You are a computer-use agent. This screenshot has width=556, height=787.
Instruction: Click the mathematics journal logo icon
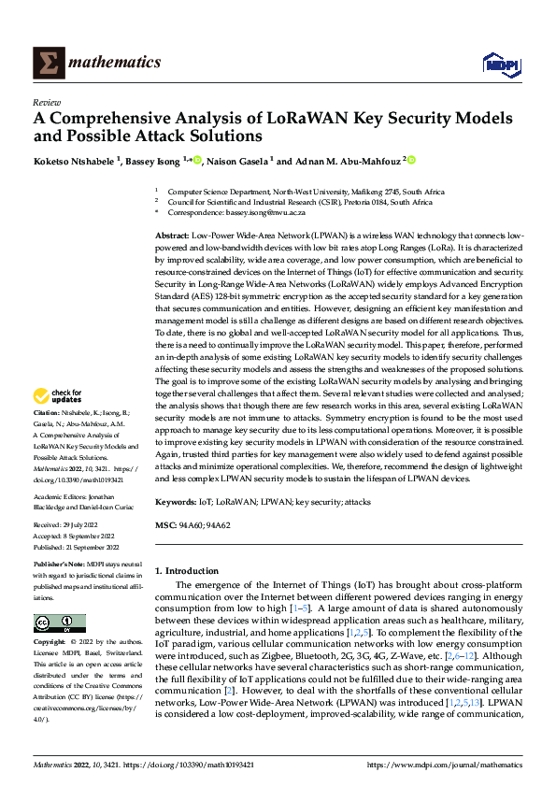[49, 62]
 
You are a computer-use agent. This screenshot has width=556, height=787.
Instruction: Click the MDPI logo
[499, 63]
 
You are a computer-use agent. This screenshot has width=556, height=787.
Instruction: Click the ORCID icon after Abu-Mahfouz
[411, 160]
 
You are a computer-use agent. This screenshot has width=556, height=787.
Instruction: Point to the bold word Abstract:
[173, 236]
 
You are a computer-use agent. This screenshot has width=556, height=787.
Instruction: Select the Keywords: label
[178, 503]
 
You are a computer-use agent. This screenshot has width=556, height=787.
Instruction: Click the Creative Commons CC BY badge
[59, 623]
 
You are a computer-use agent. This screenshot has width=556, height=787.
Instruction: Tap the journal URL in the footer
[443, 765]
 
